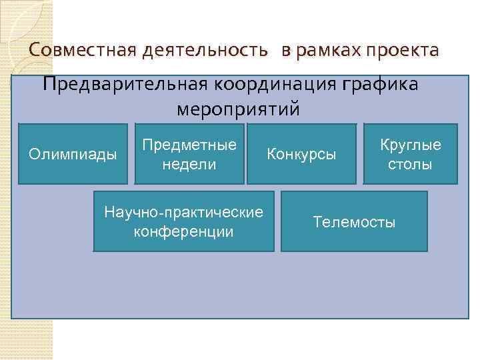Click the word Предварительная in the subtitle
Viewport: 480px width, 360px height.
125,85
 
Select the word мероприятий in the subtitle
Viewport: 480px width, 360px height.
239,108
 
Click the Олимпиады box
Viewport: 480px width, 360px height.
73,154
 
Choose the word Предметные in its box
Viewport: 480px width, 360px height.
189,145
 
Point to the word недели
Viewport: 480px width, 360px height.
189,164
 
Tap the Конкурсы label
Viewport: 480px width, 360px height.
301,155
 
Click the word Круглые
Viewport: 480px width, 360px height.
411,145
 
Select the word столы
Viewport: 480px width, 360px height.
411,164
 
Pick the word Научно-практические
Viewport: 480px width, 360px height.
183,213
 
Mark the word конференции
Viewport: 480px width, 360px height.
183,232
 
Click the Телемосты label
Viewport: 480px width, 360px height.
354,222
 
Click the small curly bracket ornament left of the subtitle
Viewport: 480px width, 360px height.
13,85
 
